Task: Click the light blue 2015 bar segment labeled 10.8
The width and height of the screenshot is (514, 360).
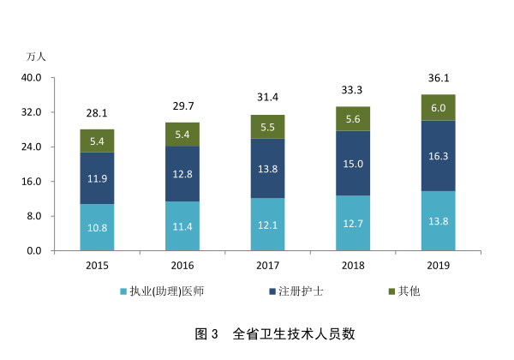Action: tap(97, 227)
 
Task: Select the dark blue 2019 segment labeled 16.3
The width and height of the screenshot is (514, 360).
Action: tap(438, 156)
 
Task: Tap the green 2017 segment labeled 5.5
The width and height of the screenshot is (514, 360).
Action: tap(267, 127)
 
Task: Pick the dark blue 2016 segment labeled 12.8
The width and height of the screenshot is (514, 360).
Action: tap(182, 174)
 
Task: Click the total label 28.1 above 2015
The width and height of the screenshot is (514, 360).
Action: tap(97, 113)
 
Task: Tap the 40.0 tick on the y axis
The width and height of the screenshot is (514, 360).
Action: tap(32, 78)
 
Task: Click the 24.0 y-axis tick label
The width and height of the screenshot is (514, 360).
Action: tap(32, 147)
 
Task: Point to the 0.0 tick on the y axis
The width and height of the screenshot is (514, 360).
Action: tap(35, 251)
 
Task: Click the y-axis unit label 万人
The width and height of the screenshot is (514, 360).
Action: tap(36, 57)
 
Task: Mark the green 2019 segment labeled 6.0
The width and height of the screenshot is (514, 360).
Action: tap(438, 108)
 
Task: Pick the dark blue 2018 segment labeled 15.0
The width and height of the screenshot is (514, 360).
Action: tap(352, 164)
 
